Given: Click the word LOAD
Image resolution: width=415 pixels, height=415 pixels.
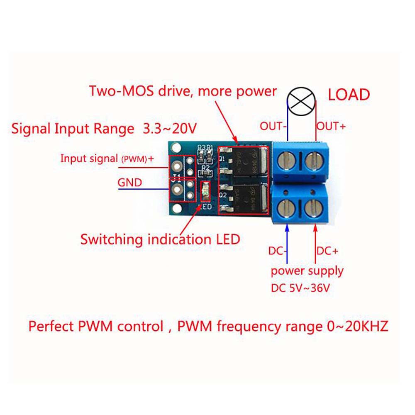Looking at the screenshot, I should [x=349, y=95].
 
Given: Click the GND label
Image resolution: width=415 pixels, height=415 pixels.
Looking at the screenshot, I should [x=129, y=182].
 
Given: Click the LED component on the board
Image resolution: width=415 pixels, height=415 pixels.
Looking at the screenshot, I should [x=205, y=192].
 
